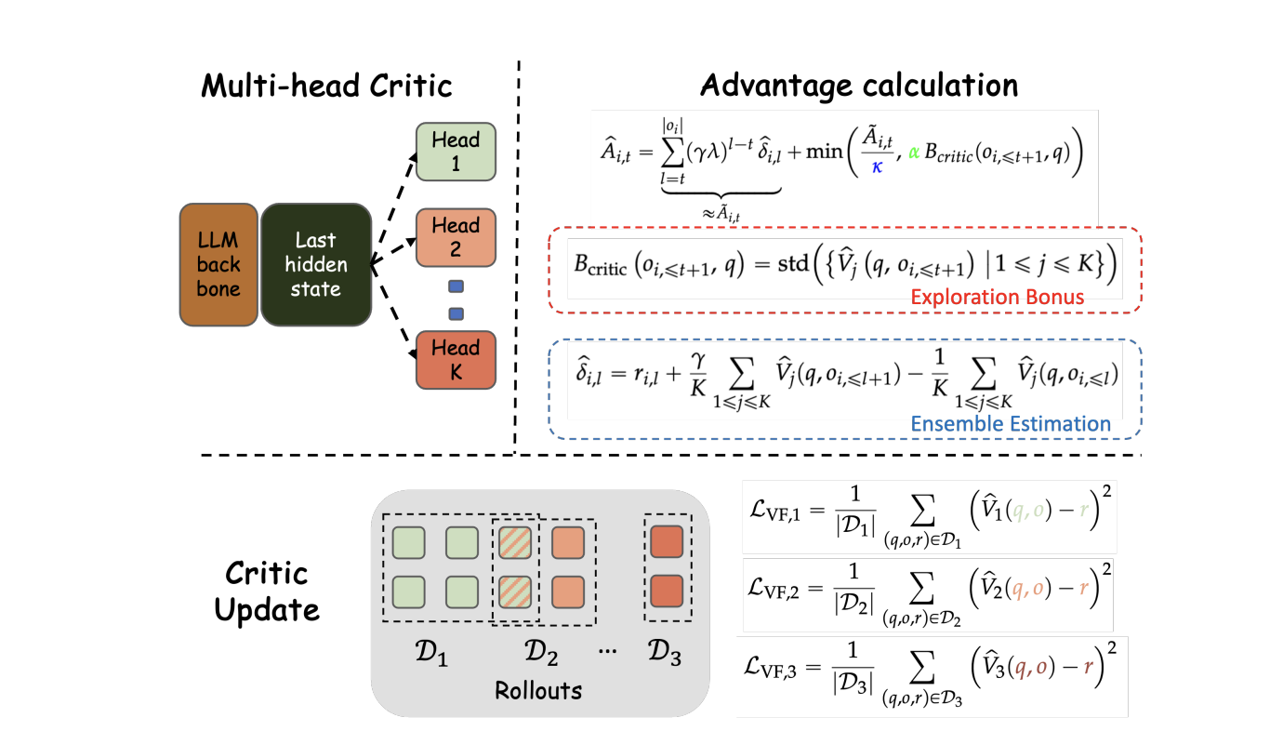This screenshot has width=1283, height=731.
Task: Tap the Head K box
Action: coord(456,360)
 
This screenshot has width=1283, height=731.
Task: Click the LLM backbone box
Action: coord(218,265)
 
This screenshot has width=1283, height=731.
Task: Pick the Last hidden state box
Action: coord(315,265)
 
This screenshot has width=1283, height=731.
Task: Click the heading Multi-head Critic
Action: coord(327,86)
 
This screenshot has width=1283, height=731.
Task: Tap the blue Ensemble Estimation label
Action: coord(1011,424)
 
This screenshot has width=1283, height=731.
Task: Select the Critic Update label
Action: coord(267,591)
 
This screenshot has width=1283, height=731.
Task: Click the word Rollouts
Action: coord(539,691)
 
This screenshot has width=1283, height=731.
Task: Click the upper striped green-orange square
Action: coord(515,544)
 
